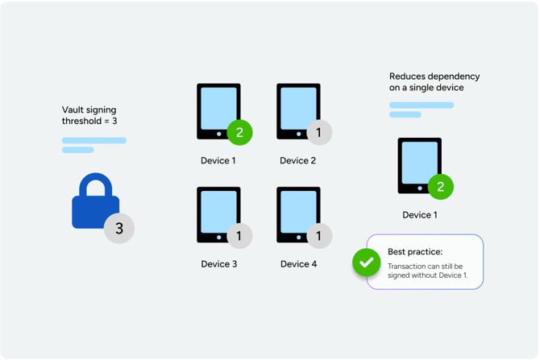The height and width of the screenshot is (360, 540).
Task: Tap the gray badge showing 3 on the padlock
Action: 119,229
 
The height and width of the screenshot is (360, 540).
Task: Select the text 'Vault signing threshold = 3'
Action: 90,115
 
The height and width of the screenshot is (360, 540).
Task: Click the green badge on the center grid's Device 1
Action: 239,132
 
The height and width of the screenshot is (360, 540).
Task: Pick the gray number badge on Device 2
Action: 319,132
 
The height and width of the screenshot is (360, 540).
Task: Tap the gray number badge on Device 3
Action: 239,236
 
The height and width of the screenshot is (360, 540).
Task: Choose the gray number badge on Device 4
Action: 319,236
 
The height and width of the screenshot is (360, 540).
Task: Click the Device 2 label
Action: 298,161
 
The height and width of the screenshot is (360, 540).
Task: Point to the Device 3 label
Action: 218,264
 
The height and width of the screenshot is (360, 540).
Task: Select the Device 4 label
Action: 298,264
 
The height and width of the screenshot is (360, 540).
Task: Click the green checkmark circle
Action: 367,263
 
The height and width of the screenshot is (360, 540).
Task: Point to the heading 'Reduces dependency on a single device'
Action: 434,82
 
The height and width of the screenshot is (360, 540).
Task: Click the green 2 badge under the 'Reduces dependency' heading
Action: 440,187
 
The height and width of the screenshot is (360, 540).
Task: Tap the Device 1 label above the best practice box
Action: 420,215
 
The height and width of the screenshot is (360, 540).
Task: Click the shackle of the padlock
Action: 95,184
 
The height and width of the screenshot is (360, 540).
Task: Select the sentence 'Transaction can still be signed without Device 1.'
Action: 427,271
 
